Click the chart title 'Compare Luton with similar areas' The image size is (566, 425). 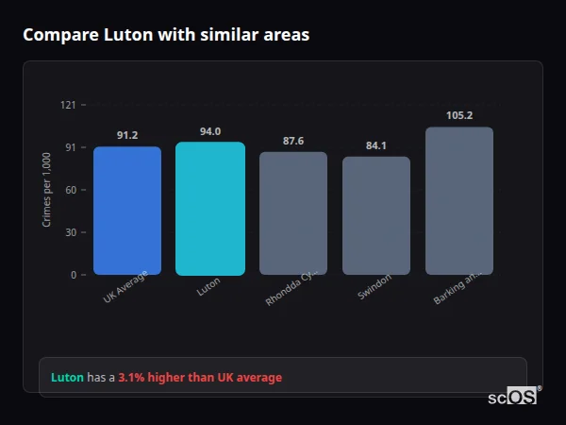(165, 35)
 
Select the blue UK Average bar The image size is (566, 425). (127, 211)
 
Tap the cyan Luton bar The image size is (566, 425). (210, 209)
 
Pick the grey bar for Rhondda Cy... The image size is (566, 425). (293, 213)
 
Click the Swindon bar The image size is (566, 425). (376, 215)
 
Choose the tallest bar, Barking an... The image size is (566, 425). (459, 201)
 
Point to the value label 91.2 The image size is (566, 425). (127, 136)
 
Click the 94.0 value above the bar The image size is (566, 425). (210, 132)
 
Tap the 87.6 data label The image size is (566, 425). (293, 142)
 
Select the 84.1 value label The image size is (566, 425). (376, 146)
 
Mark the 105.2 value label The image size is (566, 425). (459, 116)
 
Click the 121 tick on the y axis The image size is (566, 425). (68, 105)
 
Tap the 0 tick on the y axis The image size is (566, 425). (73, 275)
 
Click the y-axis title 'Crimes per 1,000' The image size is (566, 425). (47, 190)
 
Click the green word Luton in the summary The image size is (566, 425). (67, 378)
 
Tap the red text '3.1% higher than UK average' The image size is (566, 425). (200, 378)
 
